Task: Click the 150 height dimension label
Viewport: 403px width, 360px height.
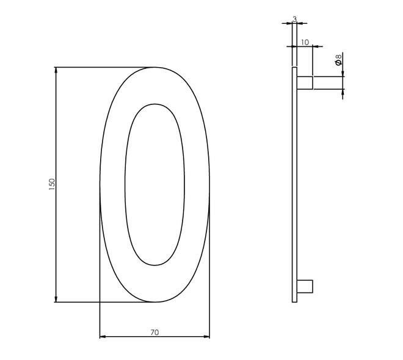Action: (52, 183)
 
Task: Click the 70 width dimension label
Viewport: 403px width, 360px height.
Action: (154, 333)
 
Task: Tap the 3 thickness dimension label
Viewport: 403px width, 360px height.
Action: (294, 20)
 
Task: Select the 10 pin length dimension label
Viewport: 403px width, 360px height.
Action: (305, 43)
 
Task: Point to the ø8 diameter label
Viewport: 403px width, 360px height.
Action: (338, 60)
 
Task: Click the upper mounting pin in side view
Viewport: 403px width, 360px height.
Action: (305, 83)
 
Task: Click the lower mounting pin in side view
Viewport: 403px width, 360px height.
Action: (305, 286)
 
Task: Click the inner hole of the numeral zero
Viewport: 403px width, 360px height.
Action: (154, 184)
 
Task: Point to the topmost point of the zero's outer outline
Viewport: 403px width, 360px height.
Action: (155, 67)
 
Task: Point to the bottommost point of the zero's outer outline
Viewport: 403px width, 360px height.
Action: (155, 301)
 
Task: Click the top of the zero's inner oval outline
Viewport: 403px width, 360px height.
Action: (155, 104)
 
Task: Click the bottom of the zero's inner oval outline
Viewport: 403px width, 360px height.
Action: (155, 265)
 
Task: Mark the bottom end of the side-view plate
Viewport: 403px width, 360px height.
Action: (294, 301)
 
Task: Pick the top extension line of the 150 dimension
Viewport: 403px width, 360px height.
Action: (104, 67)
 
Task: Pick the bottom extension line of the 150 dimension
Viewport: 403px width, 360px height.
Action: (104, 302)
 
